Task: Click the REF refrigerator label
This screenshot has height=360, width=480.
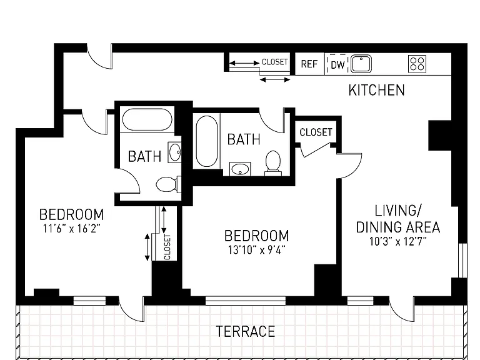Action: [309, 64]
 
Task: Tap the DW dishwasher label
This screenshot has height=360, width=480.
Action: [337, 65]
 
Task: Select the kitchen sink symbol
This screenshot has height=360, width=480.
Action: [361, 64]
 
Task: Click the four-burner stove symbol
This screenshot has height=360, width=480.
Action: [417, 64]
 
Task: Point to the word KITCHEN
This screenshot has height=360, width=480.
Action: [376, 90]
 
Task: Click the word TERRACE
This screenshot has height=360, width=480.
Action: [246, 331]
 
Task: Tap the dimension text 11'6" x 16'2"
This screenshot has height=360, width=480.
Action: [72, 228]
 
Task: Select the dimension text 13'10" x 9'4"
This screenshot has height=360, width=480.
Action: [256, 250]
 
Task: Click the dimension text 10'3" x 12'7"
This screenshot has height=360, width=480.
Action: [398, 241]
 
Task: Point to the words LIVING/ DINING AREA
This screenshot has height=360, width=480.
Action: [398, 219]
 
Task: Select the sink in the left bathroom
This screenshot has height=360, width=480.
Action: [175, 152]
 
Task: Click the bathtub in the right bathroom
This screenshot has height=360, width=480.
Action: [207, 141]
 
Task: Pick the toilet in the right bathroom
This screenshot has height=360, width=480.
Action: [273, 163]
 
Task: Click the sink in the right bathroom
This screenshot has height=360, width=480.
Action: [240, 169]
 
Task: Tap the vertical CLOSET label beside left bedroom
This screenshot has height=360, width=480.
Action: [167, 247]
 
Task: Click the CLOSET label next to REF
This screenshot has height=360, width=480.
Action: [274, 62]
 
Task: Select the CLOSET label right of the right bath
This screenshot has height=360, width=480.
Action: [316, 132]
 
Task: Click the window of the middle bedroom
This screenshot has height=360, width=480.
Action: [246, 301]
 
